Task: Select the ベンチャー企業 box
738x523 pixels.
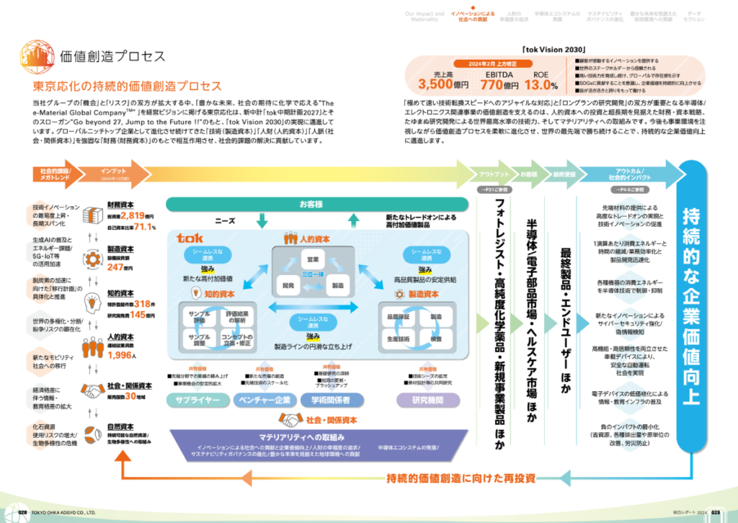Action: (x=262, y=399)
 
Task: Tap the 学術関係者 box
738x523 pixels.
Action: (x=331, y=399)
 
